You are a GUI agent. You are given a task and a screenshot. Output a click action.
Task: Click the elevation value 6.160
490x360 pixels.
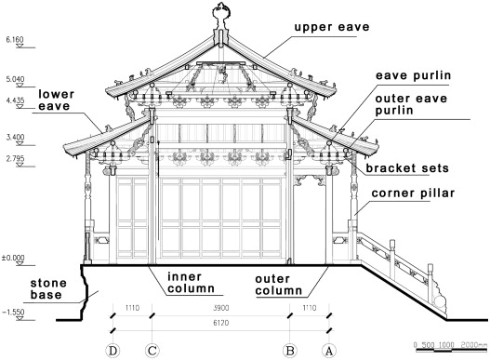point(15,41)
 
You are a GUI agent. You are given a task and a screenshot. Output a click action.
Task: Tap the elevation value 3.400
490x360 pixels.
point(15,137)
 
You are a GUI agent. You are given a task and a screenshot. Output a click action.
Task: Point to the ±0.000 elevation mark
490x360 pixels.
point(15,257)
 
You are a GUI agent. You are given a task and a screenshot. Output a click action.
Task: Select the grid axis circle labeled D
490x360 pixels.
point(113,351)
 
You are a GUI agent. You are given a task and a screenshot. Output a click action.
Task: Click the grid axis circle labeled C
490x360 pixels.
point(151,351)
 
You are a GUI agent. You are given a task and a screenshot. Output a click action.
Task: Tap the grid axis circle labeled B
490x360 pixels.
point(290,351)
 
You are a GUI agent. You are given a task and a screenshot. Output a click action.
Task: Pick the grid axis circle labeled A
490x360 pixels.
point(327,351)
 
